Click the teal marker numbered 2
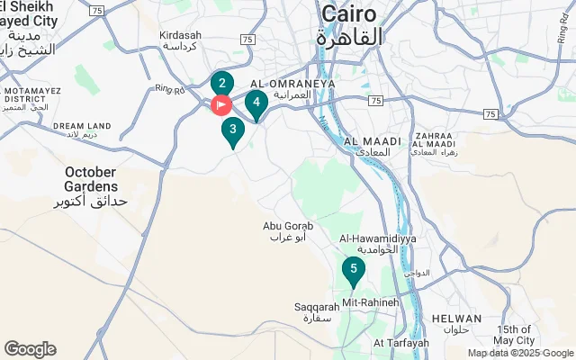pyautogui.click(x=222, y=84)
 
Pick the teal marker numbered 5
pyautogui.click(x=354, y=269)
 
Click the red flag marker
pyautogui.click(x=220, y=105)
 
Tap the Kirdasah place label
pyautogui.click(x=181, y=35)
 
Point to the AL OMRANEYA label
pyautogui.click(x=299, y=82)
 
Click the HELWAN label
pyautogui.click(x=457, y=319)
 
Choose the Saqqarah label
pyautogui.click(x=315, y=307)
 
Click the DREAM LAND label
pyautogui.click(x=82, y=126)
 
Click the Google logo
pyautogui.click(x=30, y=349)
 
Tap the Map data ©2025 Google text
pyautogui.click(x=519, y=353)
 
